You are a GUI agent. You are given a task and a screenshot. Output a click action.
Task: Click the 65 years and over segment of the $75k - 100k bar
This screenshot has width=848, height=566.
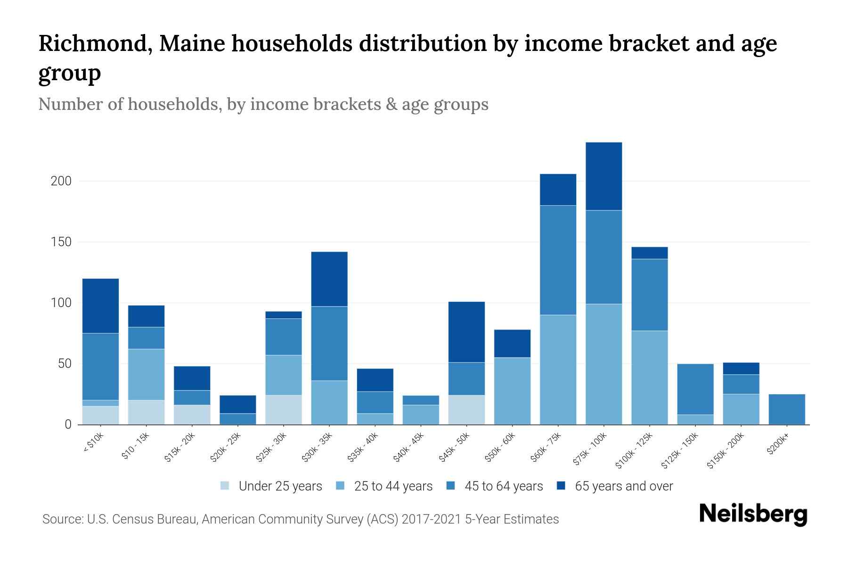pos(603,176)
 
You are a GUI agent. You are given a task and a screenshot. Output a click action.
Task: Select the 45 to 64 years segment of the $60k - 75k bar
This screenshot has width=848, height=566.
pos(558,260)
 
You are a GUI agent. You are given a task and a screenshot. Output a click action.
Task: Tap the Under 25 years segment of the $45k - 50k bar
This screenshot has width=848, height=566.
pos(466,409)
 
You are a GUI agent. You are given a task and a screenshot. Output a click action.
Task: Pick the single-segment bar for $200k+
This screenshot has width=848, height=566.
pos(787,409)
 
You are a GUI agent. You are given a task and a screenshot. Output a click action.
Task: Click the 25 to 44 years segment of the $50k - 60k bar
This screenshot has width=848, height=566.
pos(512,391)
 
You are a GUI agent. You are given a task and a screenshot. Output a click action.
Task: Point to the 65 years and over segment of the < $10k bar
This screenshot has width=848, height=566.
pos(100,306)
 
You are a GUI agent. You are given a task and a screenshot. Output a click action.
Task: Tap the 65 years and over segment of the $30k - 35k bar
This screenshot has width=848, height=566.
pos(329,279)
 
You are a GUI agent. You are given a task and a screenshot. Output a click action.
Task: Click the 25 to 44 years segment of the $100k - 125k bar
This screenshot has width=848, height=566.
pos(650,377)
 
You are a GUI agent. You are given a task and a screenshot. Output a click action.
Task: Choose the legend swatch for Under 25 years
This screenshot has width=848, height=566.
pos(225,486)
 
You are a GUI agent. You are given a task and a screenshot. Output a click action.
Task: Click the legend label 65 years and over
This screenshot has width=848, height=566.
pos(624,486)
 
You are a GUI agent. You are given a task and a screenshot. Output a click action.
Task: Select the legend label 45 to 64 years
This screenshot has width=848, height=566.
pos(504,486)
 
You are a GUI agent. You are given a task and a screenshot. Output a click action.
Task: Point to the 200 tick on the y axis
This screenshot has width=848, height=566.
pos(61,181)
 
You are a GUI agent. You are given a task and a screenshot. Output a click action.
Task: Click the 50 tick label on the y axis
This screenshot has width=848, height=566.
pos(64,364)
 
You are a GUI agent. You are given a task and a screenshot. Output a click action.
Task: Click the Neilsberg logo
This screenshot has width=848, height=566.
pos(753,514)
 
